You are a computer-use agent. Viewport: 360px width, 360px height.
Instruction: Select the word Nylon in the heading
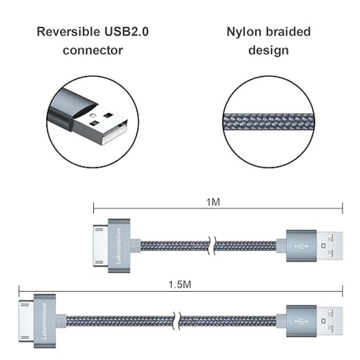coord(243,32)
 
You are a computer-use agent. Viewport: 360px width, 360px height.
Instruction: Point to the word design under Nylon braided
coord(268,50)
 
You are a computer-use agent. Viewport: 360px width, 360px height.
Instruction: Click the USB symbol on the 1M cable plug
coord(301,245)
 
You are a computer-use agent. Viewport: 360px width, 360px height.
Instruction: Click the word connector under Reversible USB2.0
coord(93,50)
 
